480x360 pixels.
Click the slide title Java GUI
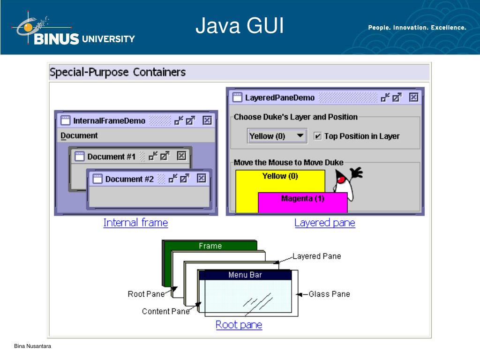[240, 26]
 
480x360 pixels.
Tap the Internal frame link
[135, 223]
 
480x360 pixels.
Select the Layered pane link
[324, 223]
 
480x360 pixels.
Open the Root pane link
[239, 324]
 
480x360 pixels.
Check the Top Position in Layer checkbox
[318, 136]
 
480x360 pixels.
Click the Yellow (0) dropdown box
[277, 136]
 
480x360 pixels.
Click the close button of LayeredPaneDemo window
[413, 97]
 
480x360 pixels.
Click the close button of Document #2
[201, 178]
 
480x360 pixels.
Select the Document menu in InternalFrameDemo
[79, 135]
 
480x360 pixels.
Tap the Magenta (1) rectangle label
[302, 198]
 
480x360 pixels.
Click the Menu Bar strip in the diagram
[245, 275]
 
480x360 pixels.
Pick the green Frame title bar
[210, 246]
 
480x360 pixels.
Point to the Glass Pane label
[329, 294]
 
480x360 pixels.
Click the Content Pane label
[165, 311]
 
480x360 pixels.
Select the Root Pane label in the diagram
[146, 294]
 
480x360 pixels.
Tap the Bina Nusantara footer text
[32, 346]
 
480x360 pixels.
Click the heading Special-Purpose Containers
[118, 72]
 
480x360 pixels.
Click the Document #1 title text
[111, 156]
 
